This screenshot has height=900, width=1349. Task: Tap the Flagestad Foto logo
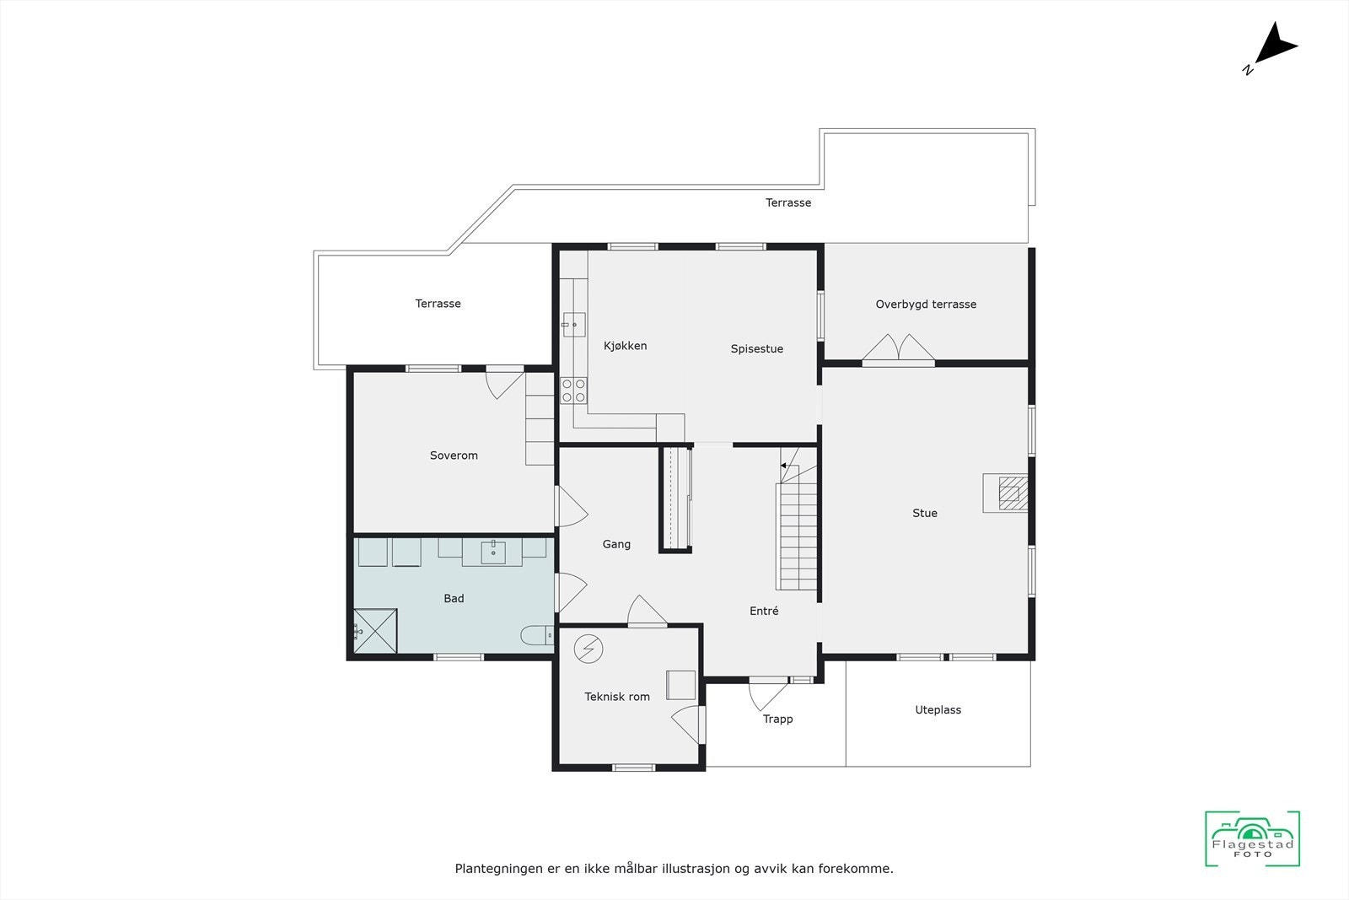(1252, 839)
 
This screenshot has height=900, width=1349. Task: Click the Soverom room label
(454, 455)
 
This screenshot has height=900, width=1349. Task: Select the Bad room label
(454, 599)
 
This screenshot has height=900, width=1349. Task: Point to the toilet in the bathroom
(536, 635)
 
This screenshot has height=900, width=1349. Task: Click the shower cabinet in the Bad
(375, 630)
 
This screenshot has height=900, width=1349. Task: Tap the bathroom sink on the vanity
(493, 552)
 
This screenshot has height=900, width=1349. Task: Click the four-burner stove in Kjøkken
(574, 391)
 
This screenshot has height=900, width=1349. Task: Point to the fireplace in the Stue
(1008, 493)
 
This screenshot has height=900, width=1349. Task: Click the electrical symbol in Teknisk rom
(589, 649)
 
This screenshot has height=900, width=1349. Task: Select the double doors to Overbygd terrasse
(898, 350)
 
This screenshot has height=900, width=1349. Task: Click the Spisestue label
(756, 349)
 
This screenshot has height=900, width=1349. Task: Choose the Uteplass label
(938, 710)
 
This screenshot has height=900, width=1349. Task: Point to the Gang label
(616, 545)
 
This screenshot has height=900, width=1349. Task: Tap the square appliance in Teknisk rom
(680, 684)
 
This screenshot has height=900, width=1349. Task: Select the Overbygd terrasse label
(925, 304)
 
